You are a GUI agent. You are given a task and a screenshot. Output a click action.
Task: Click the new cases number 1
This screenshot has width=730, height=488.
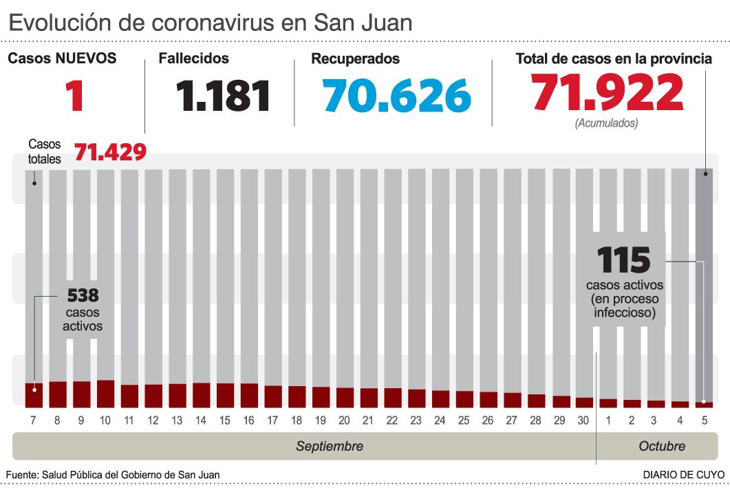[74, 96]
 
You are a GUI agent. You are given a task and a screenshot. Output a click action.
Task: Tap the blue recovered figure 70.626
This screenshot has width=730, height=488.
[397, 96]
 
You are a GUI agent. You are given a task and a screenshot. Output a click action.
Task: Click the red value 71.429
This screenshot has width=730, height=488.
[110, 151]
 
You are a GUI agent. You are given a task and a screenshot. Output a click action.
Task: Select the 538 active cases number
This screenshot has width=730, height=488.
[83, 296]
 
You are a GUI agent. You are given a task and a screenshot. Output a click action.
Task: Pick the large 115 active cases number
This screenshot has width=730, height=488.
[623, 259]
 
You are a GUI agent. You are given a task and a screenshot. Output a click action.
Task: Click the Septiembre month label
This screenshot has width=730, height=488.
[330, 446]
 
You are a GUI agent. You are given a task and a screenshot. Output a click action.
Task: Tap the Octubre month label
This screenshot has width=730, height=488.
[662, 446]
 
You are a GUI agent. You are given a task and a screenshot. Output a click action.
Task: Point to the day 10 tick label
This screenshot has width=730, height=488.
[105, 421]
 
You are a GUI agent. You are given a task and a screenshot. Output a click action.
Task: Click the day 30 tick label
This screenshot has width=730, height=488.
[583, 421]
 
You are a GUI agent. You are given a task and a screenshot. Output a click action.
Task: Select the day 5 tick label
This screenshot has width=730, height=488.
[703, 421]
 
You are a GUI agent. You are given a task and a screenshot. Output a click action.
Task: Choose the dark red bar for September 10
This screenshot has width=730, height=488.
[105, 393]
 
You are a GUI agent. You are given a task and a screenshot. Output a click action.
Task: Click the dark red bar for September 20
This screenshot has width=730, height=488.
[345, 397]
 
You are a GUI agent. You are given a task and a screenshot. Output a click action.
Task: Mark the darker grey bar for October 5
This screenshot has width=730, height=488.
[703, 282]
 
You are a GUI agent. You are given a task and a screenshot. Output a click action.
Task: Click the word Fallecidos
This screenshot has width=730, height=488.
[193, 59]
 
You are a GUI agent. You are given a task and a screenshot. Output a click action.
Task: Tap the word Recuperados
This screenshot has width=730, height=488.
[355, 59]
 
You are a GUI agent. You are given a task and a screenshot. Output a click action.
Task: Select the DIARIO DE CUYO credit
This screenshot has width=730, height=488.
[683, 475]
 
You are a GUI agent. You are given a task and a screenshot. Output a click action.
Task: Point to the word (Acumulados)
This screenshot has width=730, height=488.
[606, 123]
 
